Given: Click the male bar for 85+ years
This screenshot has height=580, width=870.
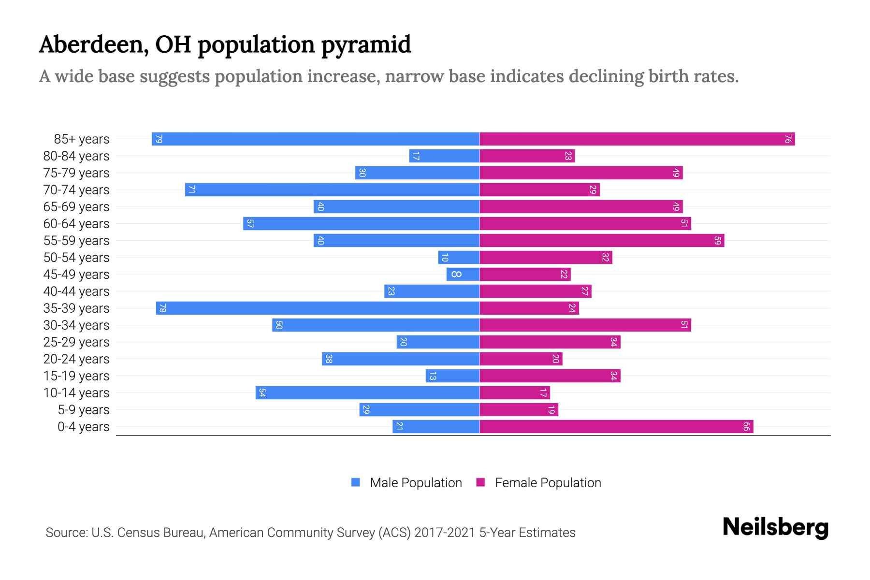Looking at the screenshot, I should [315, 139].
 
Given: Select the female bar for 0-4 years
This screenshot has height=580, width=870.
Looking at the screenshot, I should [616, 427].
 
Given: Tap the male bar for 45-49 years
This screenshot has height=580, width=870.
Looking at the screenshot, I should [463, 275].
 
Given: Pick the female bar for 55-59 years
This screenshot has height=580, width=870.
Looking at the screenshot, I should [602, 241].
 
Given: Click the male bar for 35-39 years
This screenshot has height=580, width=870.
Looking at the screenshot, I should [318, 308].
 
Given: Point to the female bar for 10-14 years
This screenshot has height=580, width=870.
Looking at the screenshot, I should [515, 393].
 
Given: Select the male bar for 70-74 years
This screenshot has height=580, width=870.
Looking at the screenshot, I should [332, 190].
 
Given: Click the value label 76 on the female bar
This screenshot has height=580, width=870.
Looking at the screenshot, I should [788, 139].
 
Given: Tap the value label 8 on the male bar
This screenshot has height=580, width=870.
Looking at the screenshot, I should [456, 275].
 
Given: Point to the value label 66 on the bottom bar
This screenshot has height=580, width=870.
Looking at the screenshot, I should [746, 427].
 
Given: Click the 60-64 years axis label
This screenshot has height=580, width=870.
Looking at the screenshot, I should [76, 224].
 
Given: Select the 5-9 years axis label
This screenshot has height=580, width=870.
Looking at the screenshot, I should [84, 410].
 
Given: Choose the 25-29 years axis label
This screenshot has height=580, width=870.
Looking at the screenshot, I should [76, 342].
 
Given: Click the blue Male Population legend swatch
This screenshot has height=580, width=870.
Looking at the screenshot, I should [356, 482].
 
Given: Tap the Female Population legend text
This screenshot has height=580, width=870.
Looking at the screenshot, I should [548, 483].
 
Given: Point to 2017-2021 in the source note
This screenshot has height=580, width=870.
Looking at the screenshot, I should [444, 533].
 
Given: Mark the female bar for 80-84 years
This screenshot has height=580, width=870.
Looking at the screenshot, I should [527, 156].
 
